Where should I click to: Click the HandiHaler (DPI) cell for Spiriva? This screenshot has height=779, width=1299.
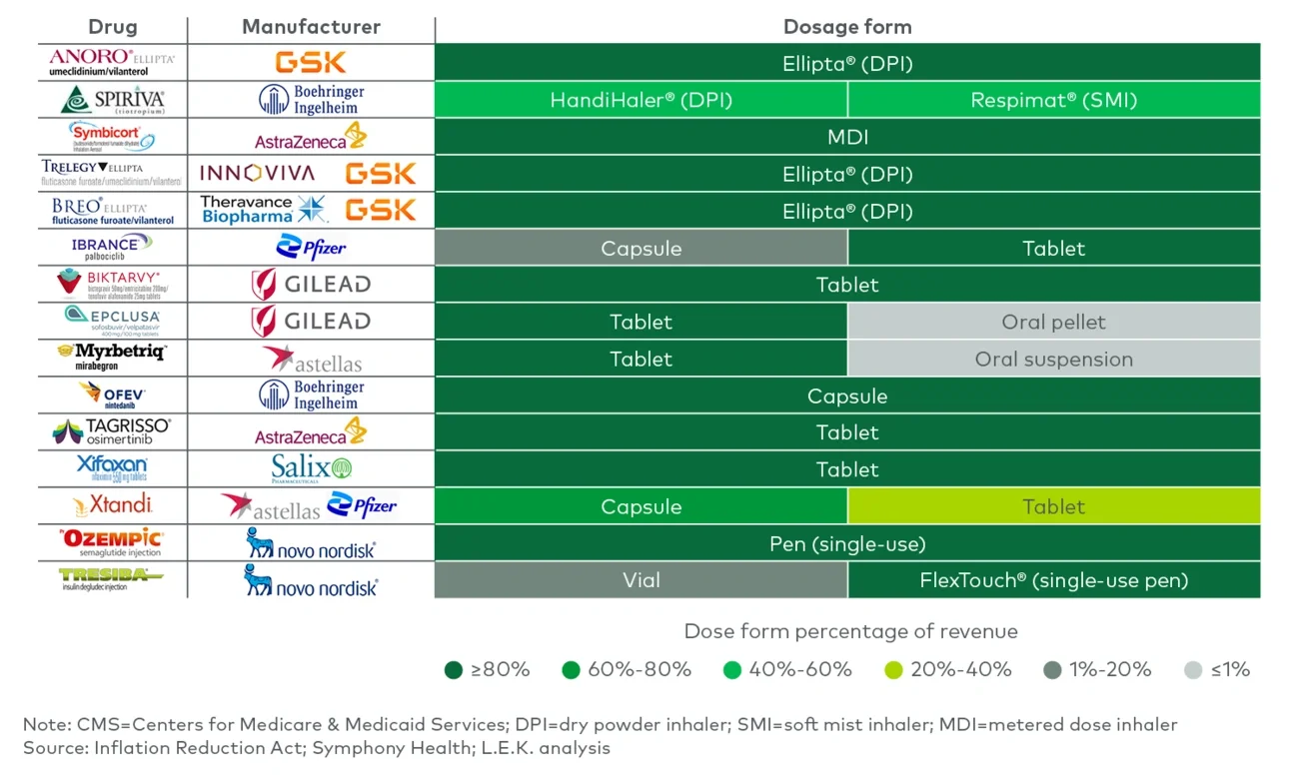tap(641, 100)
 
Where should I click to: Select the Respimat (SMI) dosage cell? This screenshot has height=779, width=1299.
tap(1053, 100)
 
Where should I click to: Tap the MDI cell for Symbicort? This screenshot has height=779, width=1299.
tap(847, 137)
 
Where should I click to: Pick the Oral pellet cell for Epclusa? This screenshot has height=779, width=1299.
tap(1053, 322)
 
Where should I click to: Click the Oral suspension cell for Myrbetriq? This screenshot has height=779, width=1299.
tap(1053, 359)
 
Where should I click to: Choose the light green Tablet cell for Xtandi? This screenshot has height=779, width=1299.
tap(1053, 506)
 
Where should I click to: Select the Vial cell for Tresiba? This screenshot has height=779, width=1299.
tap(641, 580)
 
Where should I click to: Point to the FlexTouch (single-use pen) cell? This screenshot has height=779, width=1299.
tap(1053, 580)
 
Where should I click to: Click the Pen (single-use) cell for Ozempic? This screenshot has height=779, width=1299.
tap(847, 543)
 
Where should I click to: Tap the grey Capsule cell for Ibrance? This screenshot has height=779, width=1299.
tap(641, 248)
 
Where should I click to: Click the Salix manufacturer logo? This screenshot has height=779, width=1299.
tap(312, 468)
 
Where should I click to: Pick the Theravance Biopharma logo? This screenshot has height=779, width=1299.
tap(263, 209)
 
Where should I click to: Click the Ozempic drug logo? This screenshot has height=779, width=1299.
tap(112, 542)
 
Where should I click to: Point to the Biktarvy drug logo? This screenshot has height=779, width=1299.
tap(112, 284)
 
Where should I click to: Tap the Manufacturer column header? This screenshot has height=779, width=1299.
tap(311, 27)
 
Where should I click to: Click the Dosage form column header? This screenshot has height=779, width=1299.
tap(847, 27)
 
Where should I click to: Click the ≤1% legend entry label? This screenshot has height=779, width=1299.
tap(1230, 670)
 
